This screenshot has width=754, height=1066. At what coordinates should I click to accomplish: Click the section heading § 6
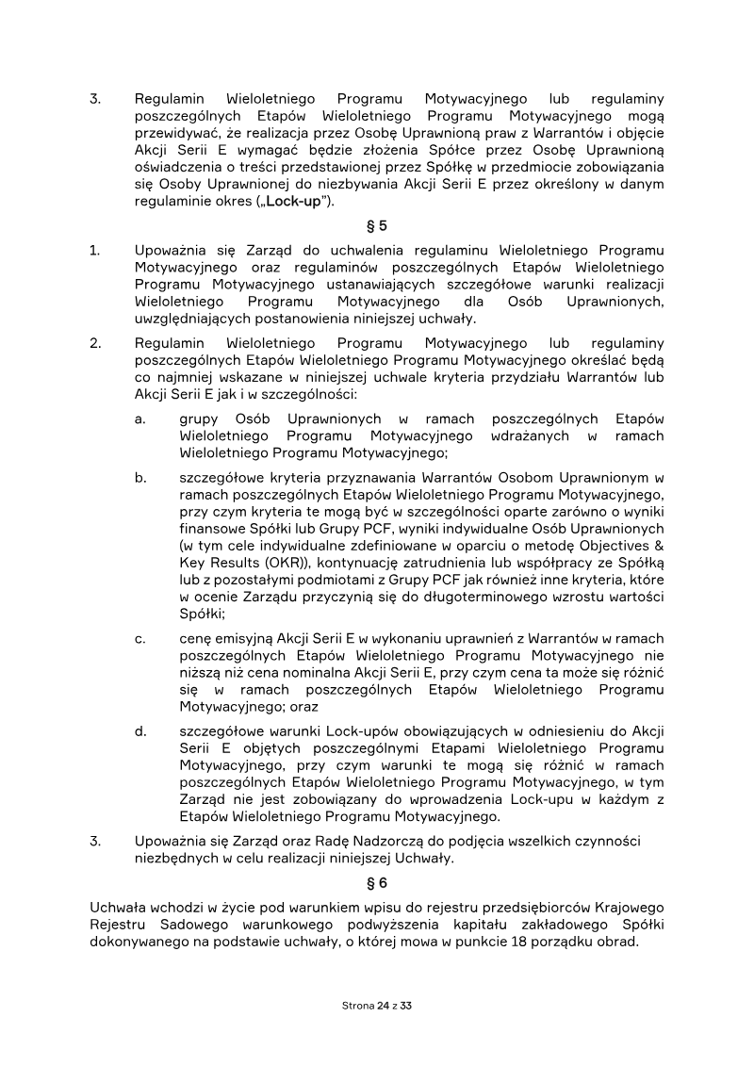coord(376,883)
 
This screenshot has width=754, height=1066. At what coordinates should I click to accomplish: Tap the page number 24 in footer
coord(382,1006)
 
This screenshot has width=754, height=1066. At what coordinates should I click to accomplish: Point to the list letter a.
coord(140,418)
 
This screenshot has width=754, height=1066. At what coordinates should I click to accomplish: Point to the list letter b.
coord(140,478)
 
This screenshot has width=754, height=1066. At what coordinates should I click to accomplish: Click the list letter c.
coord(140,639)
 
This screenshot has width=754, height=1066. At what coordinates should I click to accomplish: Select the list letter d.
coord(140,730)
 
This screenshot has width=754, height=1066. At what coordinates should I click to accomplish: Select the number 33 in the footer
coord(407,1006)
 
